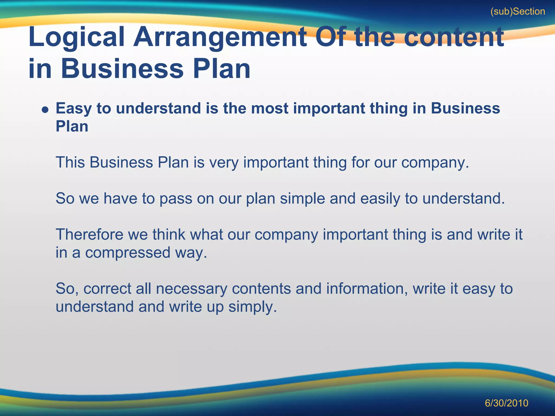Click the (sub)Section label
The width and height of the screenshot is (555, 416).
coord(518,12)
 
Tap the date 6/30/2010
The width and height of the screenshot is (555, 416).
coord(506,403)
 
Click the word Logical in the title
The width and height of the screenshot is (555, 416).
coord(76,37)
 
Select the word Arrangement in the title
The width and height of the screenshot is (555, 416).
coord(220,37)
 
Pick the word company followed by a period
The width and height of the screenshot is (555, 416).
coord(435,162)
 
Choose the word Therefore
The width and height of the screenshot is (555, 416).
coord(89,235)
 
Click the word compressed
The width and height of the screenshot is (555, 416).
coord(128,253)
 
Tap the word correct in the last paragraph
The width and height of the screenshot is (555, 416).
coord(107,289)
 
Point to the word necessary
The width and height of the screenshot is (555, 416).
coord(191,289)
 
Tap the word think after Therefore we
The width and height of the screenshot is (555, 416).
coord(169,235)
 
